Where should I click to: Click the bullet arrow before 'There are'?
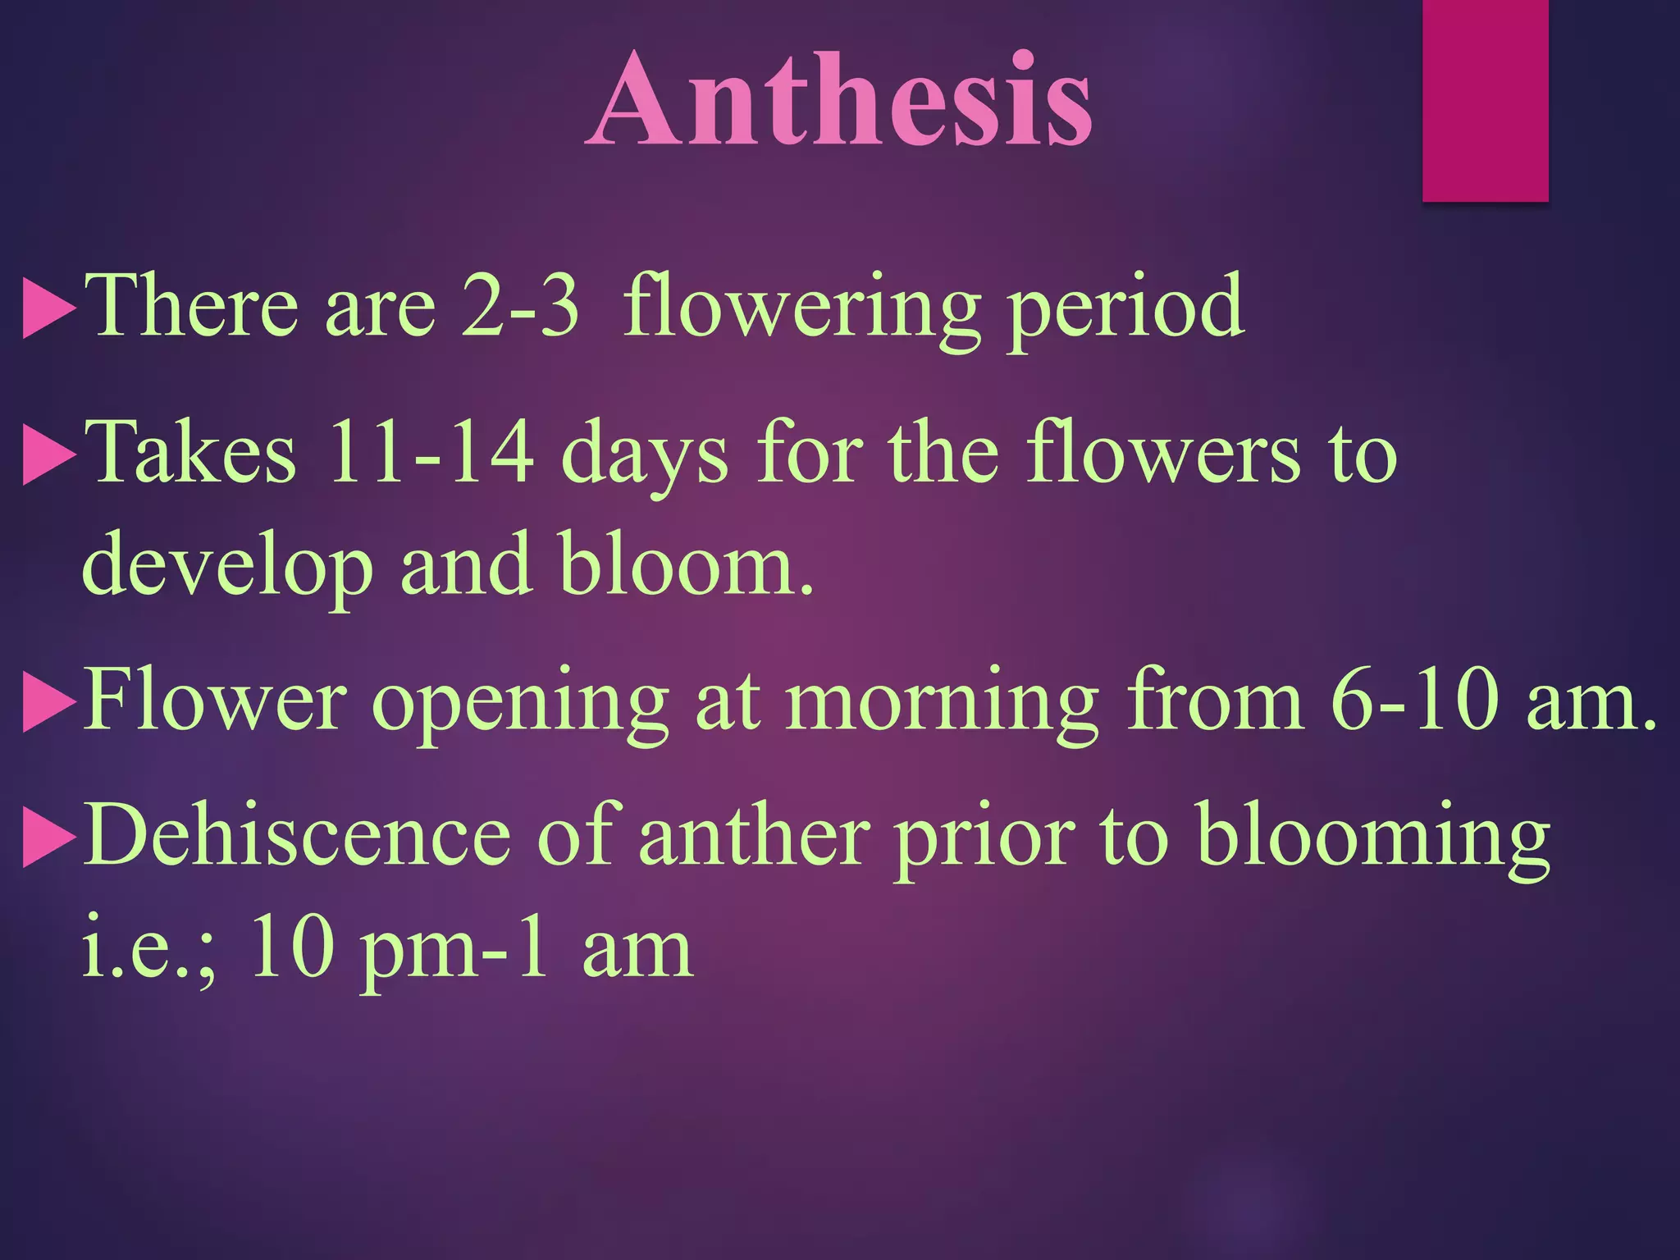tap(48, 308)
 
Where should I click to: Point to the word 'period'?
tap(1125, 308)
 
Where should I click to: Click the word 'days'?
tap(645, 456)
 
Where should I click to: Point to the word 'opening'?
tap(520, 704)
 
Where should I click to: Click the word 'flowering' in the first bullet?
tap(802, 308)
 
